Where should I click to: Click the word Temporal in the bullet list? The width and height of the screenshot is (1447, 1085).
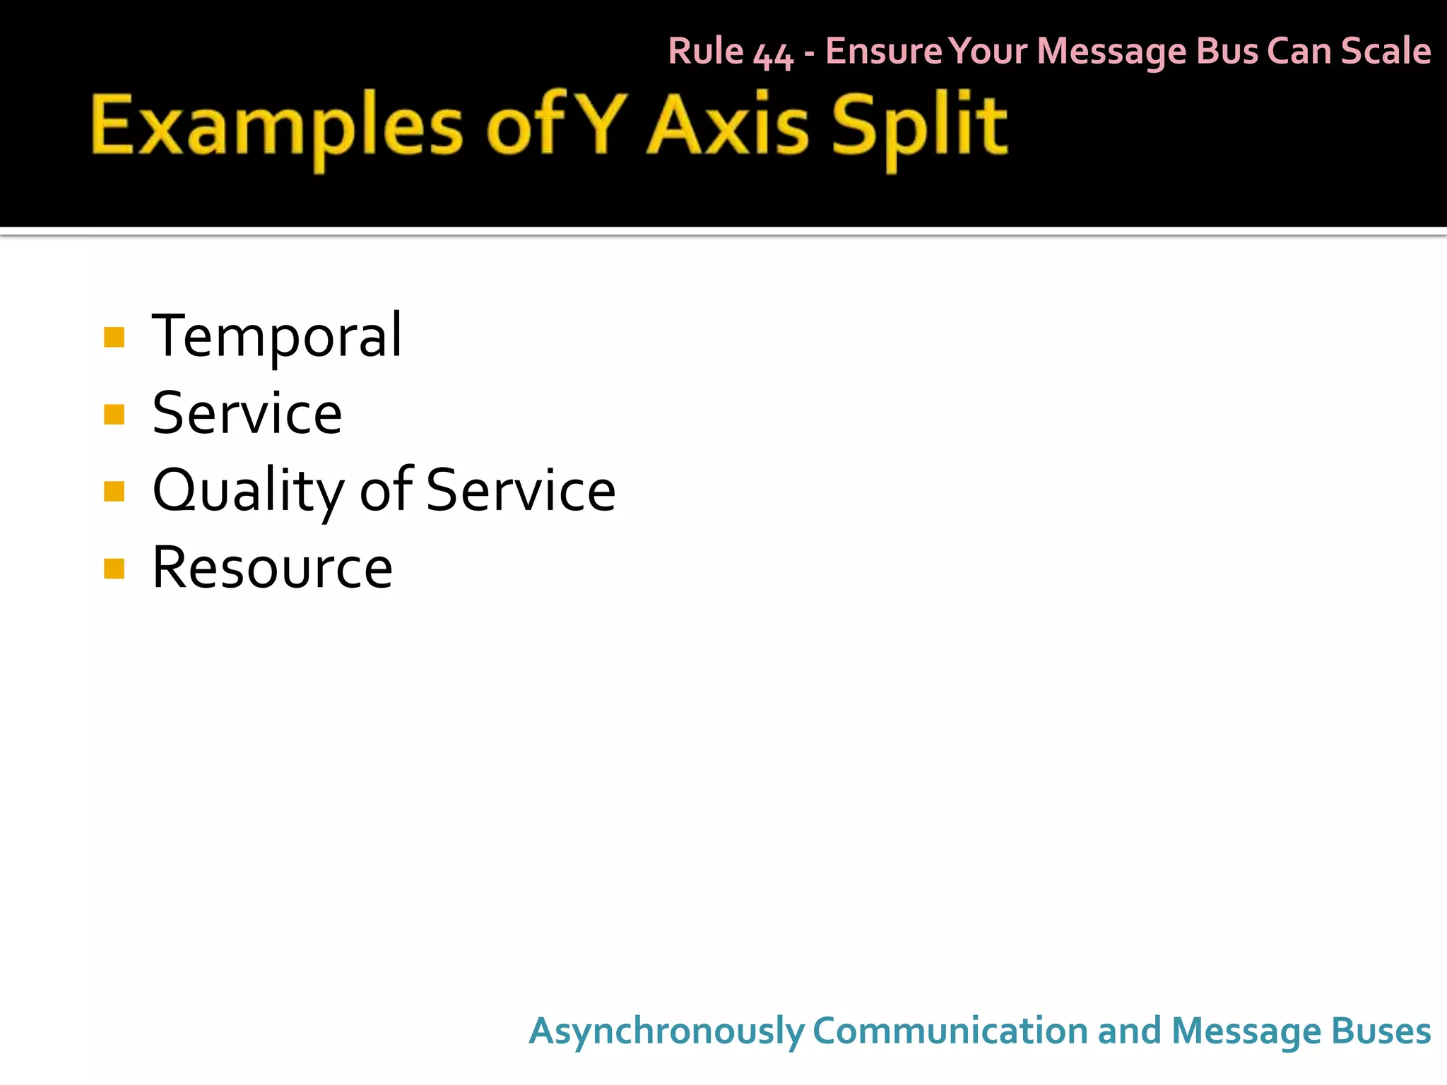[277, 336]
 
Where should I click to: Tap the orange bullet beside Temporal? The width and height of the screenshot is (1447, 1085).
[114, 337]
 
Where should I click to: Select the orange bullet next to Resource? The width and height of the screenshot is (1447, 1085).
[114, 568]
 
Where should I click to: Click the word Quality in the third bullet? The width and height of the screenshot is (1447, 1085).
[247, 492]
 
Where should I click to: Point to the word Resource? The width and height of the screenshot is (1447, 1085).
[272, 568]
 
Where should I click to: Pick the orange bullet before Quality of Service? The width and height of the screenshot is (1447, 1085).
[114, 491]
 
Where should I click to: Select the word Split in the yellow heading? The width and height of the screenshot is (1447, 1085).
[919, 127]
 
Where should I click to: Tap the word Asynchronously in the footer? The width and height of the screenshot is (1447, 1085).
[666, 1031]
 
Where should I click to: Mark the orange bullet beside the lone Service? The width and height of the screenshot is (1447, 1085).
[114, 414]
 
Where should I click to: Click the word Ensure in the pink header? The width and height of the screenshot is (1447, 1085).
[883, 52]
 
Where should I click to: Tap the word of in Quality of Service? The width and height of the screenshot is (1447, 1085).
[386, 490]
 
